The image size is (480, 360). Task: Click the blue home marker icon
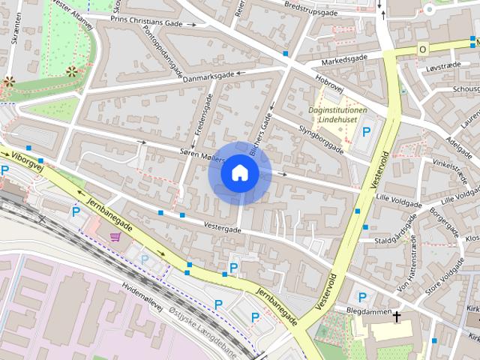click(239, 173)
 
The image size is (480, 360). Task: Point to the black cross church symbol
click(397, 317)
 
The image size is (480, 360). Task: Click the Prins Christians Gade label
click(145, 22)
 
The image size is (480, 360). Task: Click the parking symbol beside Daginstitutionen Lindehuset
click(367, 132)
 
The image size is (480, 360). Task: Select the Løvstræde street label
click(440, 67)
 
